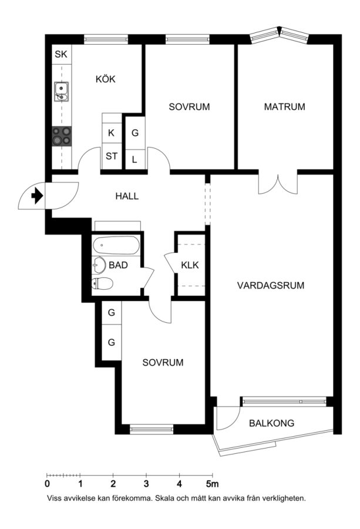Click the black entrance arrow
[x=38, y=196]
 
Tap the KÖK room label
[x=106, y=79]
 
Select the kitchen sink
[x=61, y=92]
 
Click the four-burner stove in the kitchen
[x=62, y=136]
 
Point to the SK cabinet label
[x=61, y=54]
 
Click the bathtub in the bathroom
[x=116, y=245]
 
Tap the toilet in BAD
[x=102, y=283]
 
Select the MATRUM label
[x=284, y=107]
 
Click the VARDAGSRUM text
[x=270, y=286]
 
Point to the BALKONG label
[x=271, y=423]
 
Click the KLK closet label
[x=190, y=265]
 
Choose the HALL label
[x=127, y=196]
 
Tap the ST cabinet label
[x=112, y=156]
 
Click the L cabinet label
[x=134, y=159]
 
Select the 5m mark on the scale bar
[x=213, y=484]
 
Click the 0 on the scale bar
[x=47, y=484]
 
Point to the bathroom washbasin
[x=99, y=265]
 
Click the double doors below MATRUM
[x=278, y=184]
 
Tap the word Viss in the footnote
[x=54, y=498]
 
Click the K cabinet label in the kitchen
[x=111, y=133]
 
